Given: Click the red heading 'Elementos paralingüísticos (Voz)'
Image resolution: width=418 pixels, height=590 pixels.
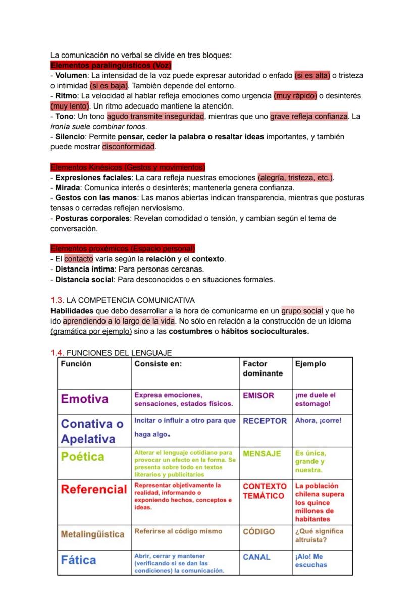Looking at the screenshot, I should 111,65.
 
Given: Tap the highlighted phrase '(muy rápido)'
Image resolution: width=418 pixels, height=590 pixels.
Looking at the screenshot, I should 295,96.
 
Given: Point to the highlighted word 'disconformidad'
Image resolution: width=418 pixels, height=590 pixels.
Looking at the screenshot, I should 129,147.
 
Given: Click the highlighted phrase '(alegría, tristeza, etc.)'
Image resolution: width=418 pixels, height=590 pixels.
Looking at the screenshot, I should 296,178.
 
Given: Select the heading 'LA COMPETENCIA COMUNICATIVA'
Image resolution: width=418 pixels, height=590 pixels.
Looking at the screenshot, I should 130,300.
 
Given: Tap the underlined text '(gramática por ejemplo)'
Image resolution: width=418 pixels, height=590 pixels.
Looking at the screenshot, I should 91,331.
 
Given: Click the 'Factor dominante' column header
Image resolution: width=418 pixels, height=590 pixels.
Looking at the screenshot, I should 263,368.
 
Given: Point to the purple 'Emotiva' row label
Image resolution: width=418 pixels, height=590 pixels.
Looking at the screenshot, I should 84,399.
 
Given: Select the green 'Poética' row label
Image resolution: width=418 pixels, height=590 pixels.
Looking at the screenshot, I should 83,457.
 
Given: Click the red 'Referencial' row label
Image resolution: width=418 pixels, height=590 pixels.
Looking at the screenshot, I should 94,489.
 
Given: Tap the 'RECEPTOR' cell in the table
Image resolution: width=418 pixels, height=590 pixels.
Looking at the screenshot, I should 265,421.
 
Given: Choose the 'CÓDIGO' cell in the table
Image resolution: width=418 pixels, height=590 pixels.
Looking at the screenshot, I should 259,532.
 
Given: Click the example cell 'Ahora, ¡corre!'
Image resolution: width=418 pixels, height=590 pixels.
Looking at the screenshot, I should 318,421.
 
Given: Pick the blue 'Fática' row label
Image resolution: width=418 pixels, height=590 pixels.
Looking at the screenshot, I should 78,560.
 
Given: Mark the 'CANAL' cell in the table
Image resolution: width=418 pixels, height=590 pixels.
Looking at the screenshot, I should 256,557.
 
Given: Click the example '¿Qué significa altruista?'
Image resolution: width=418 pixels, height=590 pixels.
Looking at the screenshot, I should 319,535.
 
